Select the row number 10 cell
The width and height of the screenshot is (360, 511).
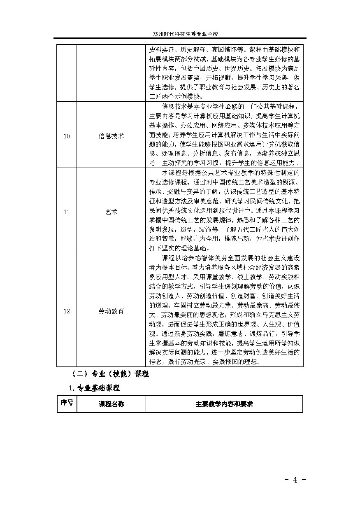tap(67, 136)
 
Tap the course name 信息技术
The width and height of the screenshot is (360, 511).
tap(111, 136)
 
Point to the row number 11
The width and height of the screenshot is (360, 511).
tap(67, 212)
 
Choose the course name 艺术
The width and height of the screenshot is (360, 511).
tap(111, 212)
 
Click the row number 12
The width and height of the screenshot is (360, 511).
tap(67, 311)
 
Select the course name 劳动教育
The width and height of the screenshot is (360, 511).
tap(111, 311)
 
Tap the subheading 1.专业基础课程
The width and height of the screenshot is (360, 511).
tap(94, 388)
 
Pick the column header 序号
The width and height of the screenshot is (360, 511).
tap(67, 403)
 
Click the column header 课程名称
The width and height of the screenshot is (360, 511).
tap(111, 404)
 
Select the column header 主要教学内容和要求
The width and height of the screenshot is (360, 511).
tap(224, 404)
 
